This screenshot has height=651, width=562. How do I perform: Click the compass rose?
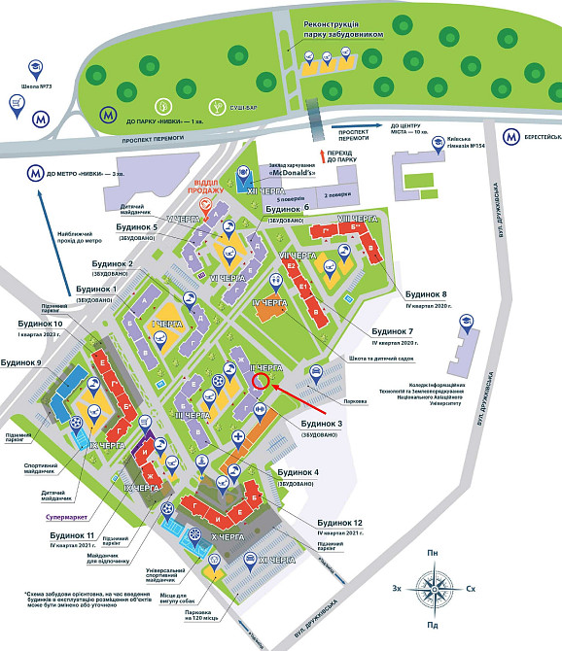[434, 589]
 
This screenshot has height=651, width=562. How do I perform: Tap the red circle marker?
[261, 381]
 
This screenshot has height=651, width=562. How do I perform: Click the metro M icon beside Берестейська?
[511, 137]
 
